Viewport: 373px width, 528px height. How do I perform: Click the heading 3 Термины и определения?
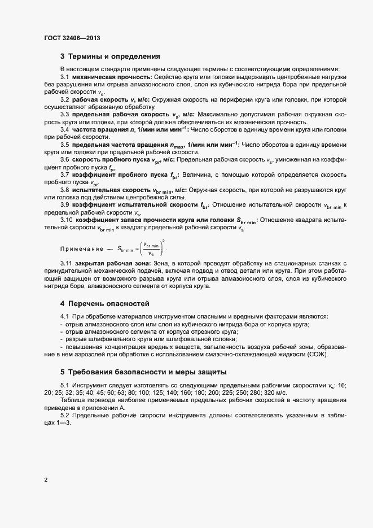(x=110, y=56)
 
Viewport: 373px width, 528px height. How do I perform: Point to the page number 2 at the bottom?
(x=46, y=480)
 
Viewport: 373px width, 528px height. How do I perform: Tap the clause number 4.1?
(x=64, y=316)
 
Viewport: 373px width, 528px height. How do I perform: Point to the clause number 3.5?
(x=64, y=145)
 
